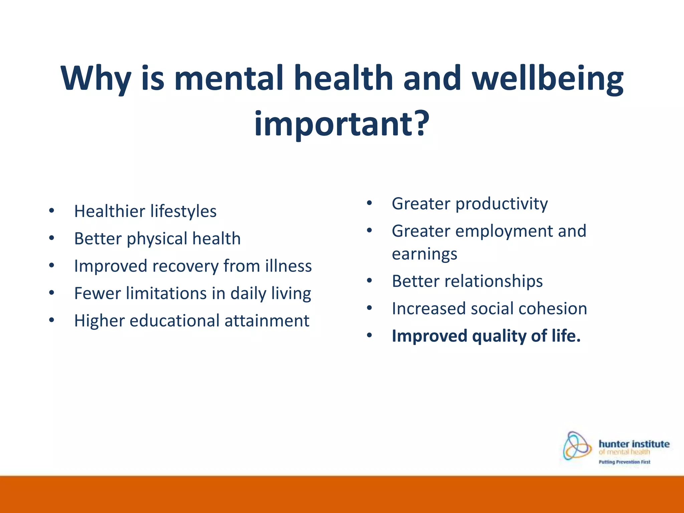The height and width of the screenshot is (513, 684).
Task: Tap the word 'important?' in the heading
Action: point(341,124)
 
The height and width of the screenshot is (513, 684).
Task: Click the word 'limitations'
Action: point(166,294)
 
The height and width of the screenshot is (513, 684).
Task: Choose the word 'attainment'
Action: point(267,321)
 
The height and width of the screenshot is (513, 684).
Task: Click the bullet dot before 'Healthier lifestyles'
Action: point(51,211)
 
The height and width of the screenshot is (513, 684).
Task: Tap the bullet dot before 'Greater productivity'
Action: point(369,203)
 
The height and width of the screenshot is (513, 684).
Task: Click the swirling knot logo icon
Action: point(577,446)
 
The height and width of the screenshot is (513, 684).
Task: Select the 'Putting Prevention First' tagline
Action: point(624,462)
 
